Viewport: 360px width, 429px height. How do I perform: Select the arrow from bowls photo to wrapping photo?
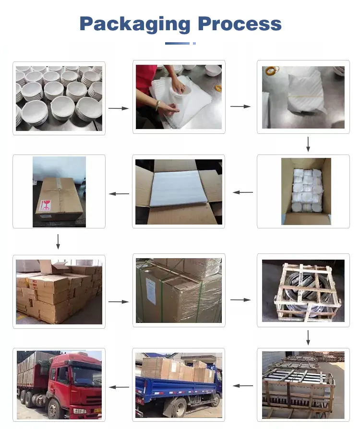point(119,108)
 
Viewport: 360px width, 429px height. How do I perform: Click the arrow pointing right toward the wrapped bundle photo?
point(240,106)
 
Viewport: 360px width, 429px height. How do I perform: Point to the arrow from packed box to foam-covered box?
point(243,192)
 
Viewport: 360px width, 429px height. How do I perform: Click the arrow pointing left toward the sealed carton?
point(119,194)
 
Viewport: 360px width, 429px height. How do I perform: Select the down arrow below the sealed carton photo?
point(58,241)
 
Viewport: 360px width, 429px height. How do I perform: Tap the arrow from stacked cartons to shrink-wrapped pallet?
point(119,302)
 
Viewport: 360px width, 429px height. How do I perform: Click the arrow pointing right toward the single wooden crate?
point(240,300)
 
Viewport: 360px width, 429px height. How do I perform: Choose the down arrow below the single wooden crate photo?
point(308,337)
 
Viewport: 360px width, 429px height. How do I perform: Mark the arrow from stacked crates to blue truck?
point(243,385)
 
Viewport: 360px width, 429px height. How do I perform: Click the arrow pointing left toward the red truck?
point(119,387)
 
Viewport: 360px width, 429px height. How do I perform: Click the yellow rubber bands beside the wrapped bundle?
point(272,71)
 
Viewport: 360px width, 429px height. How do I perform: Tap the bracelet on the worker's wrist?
point(157,104)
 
